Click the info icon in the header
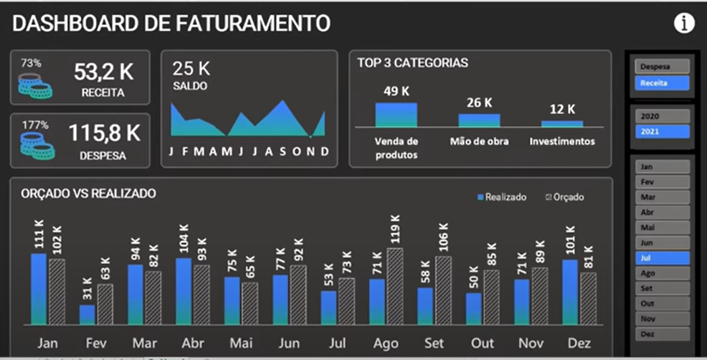point(684,24)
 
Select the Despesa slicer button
point(661,67)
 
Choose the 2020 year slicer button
point(661,116)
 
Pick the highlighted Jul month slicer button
point(661,258)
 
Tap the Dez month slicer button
point(661,333)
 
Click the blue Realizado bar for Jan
point(39,288)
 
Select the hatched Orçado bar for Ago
point(395,285)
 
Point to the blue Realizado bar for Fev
point(87,314)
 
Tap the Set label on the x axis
point(435,343)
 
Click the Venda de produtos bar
point(396,115)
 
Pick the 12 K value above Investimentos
point(562,109)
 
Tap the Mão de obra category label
point(479,141)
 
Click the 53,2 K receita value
point(103,72)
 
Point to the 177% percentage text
point(32,125)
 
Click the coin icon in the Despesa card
point(37,146)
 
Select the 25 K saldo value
point(191,69)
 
